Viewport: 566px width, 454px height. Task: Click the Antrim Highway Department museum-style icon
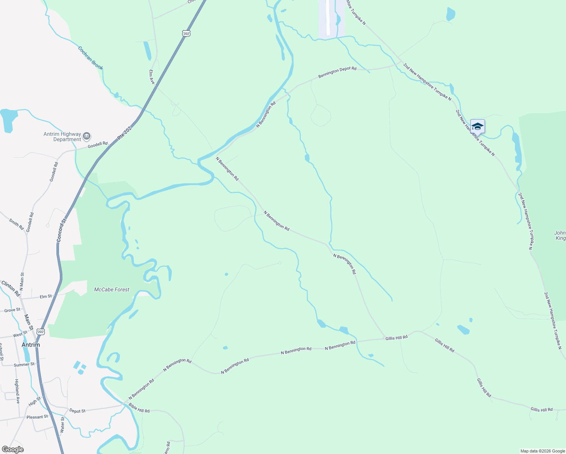point(87,136)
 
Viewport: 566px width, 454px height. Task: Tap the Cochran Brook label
point(90,58)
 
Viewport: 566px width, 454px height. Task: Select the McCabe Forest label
point(112,289)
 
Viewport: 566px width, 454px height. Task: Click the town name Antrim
point(31,345)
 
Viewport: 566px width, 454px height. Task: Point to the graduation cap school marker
point(477,127)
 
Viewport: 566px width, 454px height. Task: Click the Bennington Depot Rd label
point(337,72)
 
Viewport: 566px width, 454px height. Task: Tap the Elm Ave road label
point(152,77)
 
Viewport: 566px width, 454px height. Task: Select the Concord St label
point(61,230)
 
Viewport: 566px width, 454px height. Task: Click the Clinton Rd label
point(11,288)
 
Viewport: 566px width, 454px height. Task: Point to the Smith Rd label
point(16,224)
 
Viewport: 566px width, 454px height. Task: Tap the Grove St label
point(12,310)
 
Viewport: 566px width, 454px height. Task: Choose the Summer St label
point(24,365)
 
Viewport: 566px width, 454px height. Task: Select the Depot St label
point(77,411)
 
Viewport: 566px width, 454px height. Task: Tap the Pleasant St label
point(37,417)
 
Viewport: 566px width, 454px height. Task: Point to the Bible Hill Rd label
point(139,408)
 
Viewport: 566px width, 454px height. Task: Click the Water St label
point(62,424)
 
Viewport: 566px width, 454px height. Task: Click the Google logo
point(12,449)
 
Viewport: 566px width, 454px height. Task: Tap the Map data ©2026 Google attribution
point(542,451)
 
